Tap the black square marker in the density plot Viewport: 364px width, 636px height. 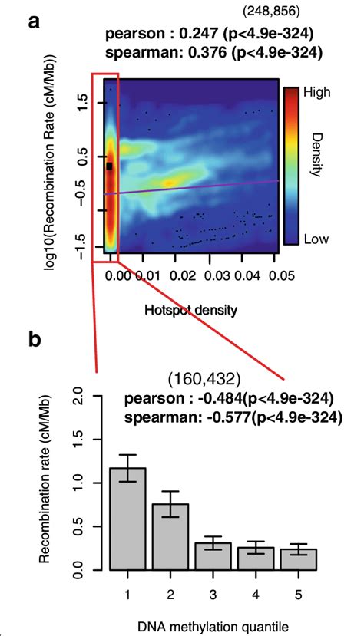[x=110, y=166]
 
